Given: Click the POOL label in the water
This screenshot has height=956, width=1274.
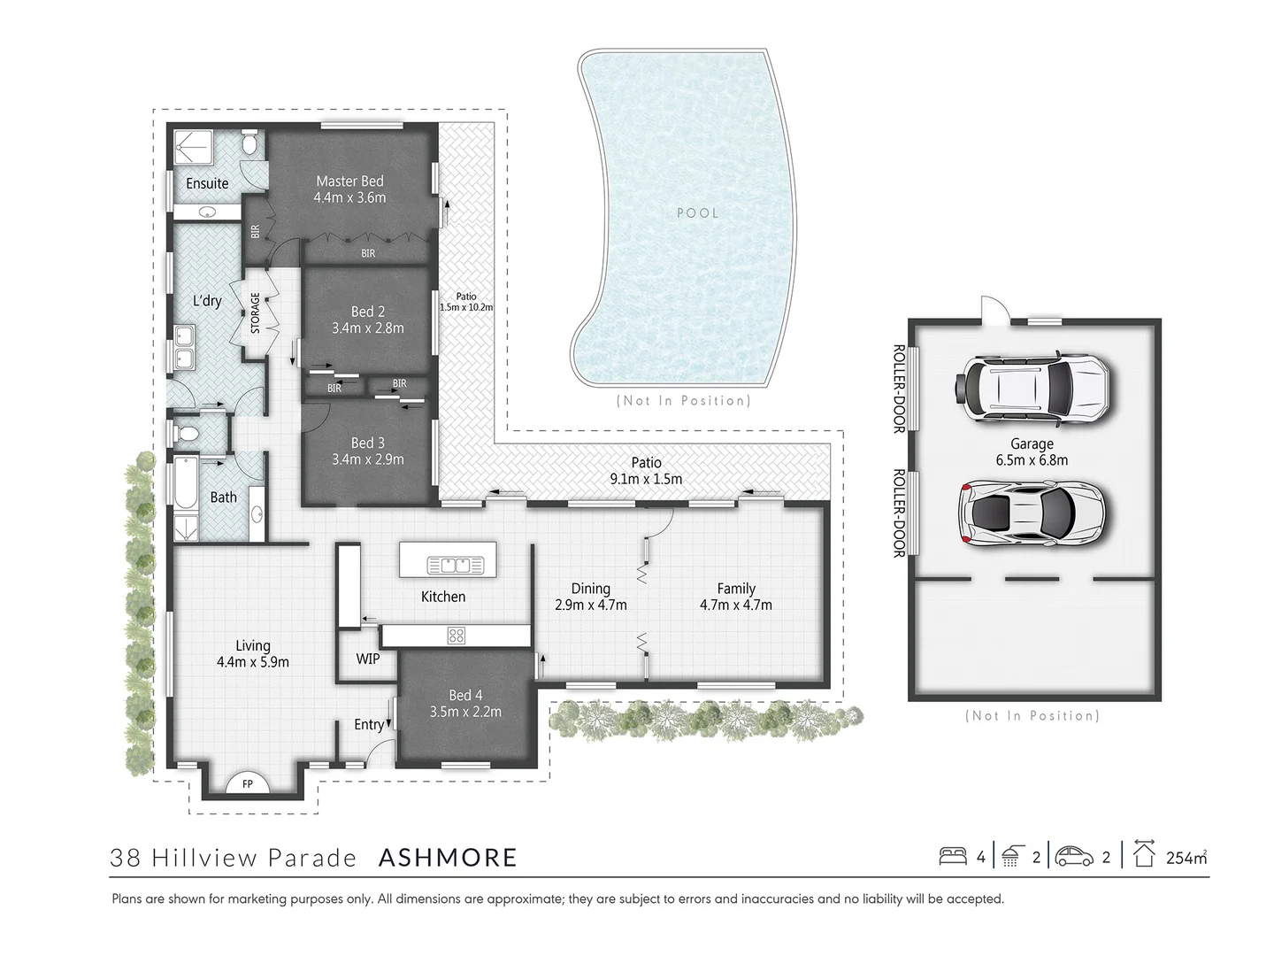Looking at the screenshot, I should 697,212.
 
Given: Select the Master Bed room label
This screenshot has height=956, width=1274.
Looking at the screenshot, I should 349,181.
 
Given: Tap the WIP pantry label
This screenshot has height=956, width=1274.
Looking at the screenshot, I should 368,659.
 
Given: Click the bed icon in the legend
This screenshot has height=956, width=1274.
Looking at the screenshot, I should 953,856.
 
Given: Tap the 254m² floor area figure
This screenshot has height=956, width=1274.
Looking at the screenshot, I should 1186,857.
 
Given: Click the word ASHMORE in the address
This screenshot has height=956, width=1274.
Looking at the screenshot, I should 448,857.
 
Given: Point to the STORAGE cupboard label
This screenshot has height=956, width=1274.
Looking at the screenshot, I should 255,312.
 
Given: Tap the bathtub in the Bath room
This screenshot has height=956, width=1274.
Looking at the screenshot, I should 186,483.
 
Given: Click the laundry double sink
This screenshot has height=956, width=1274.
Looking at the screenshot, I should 185,347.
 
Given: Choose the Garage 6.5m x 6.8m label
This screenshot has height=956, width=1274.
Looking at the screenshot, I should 1032,451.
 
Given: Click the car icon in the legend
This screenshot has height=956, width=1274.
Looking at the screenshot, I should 1071,856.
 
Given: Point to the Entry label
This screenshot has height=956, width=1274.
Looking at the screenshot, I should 369,724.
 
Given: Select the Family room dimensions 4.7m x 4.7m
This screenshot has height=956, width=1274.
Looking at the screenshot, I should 735,605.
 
